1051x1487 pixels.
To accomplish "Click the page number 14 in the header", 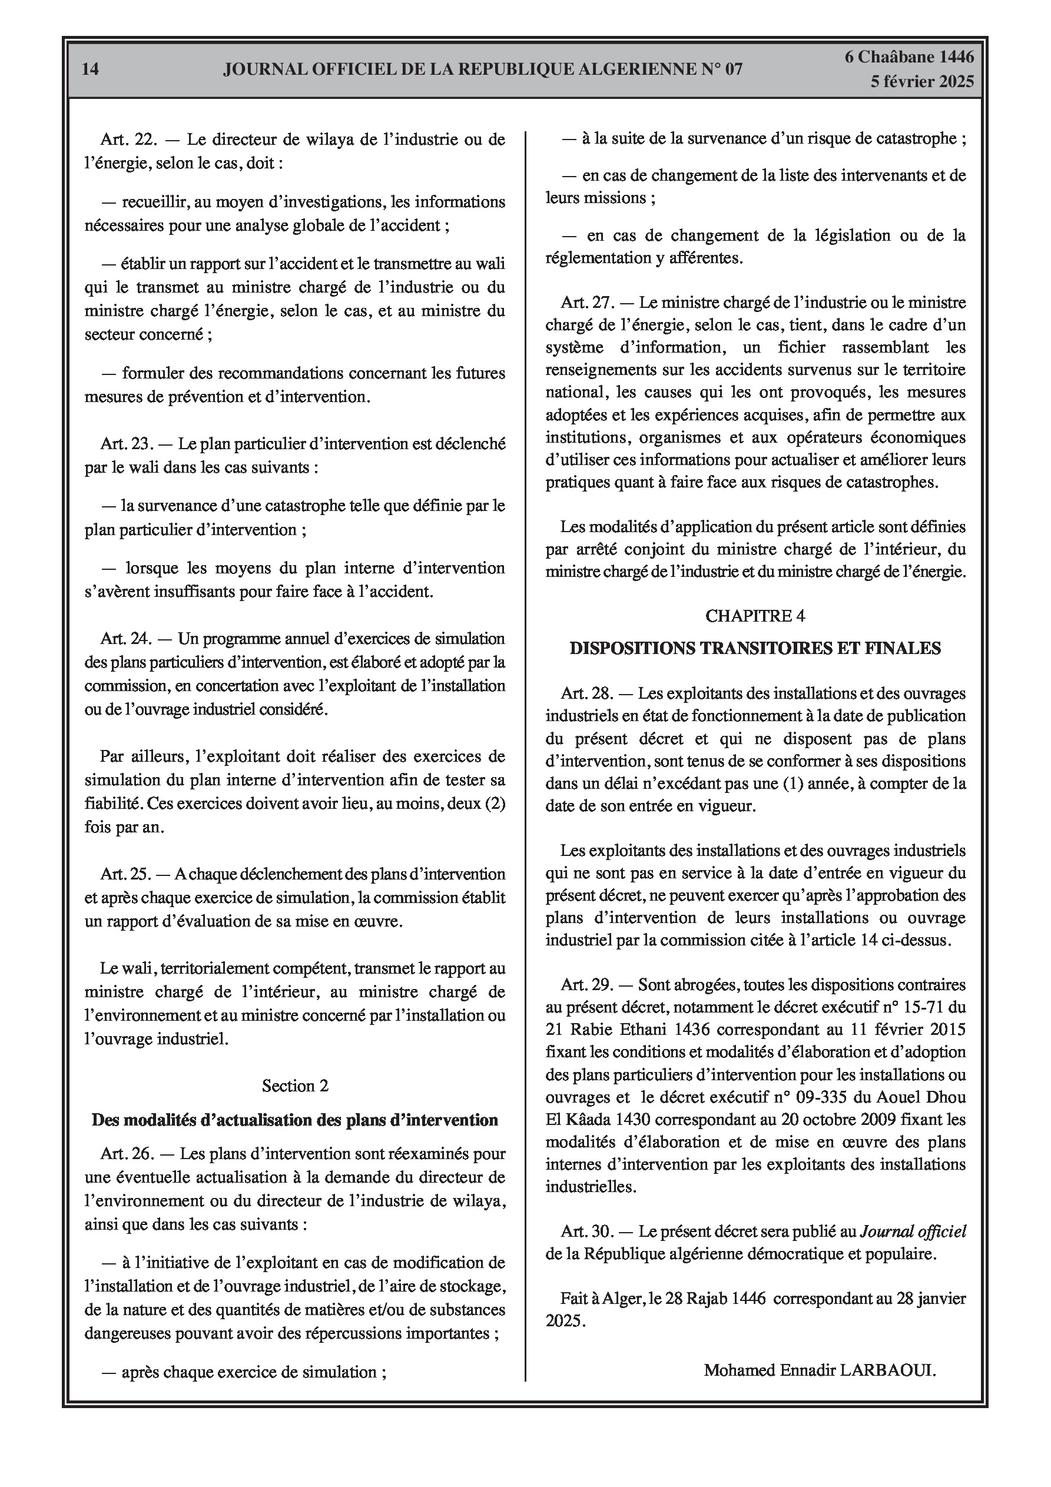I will [91, 69].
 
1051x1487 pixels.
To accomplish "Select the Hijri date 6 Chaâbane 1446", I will [909, 57].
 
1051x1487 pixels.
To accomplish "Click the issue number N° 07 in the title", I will [721, 69].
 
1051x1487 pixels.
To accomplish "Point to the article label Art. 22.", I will [125, 140].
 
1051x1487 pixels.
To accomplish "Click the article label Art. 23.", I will [125, 444].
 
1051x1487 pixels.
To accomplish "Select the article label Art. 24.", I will [125, 639].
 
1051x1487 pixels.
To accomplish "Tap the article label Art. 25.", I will [125, 874].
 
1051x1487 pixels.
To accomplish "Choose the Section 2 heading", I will [295, 1086].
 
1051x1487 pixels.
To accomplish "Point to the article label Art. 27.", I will [587, 303].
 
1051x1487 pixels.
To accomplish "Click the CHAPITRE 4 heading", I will [755, 616].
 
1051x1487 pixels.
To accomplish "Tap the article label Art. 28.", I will [587, 693].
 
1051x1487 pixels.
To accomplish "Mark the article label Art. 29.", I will [587, 985].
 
